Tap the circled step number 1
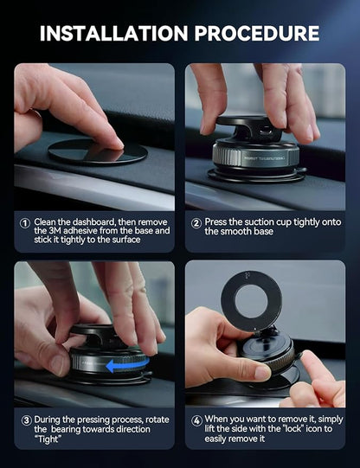click(x=25, y=222)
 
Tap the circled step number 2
click(x=196, y=222)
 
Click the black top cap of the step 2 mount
click(x=251, y=123)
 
